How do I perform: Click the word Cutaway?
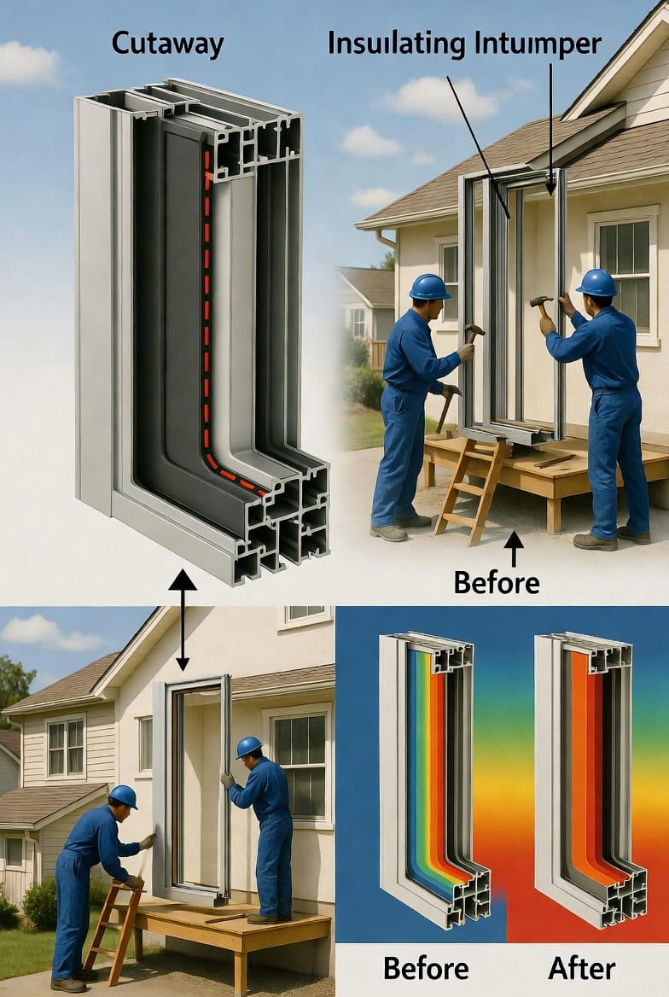[x=167, y=44]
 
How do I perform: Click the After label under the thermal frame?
[x=581, y=968]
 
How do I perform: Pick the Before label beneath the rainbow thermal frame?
[x=426, y=968]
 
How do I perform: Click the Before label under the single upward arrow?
[x=497, y=582]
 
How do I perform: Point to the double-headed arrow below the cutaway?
[x=183, y=620]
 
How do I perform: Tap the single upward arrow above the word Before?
[x=514, y=548]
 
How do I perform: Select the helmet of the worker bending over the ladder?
[x=123, y=796]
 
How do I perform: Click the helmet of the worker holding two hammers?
[x=430, y=287]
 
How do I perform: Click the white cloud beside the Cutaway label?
[x=29, y=63]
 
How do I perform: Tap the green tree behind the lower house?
[x=14, y=686]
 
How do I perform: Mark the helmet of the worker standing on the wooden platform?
[x=248, y=747]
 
